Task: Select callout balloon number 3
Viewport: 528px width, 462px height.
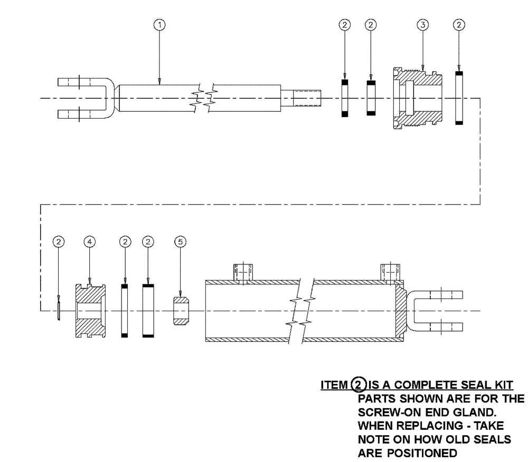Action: (422, 24)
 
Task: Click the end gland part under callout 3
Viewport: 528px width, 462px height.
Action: (417, 98)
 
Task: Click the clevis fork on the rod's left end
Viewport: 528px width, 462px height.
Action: (84, 98)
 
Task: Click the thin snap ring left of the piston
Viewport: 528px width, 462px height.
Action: (58, 311)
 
